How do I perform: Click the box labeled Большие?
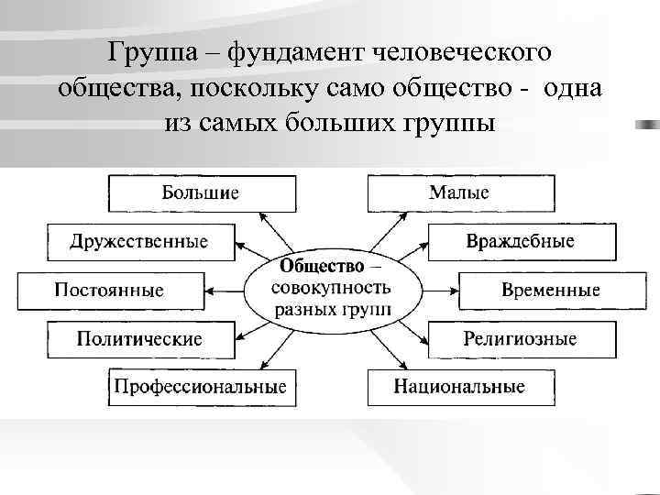[202, 193]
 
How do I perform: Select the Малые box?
[460, 193]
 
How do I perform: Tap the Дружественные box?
[139, 242]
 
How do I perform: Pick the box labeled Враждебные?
[521, 242]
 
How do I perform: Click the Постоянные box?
[110, 291]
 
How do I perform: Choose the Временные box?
[550, 291]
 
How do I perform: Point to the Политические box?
[139, 339]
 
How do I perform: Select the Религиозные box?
[521, 339]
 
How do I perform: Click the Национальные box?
[460, 387]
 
